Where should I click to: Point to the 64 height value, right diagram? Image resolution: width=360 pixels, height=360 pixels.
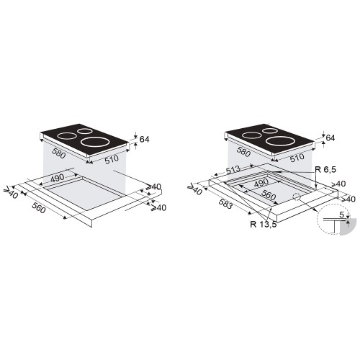point(330,138)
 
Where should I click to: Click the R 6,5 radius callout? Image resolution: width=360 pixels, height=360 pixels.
point(325,170)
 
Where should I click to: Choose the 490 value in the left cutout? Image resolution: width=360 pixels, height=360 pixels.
point(76,178)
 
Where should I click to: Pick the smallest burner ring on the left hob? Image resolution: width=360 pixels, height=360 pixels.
point(84,131)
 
